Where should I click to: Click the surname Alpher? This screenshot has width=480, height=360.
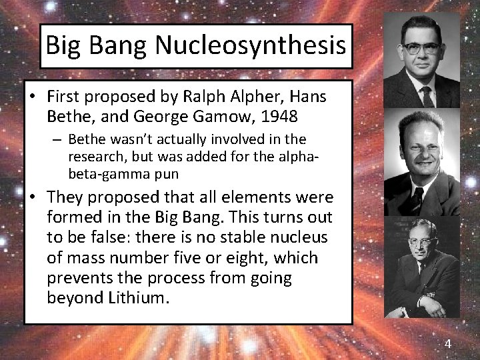pyautogui.click(x=254, y=97)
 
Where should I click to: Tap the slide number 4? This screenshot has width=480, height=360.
pyautogui.click(x=447, y=344)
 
